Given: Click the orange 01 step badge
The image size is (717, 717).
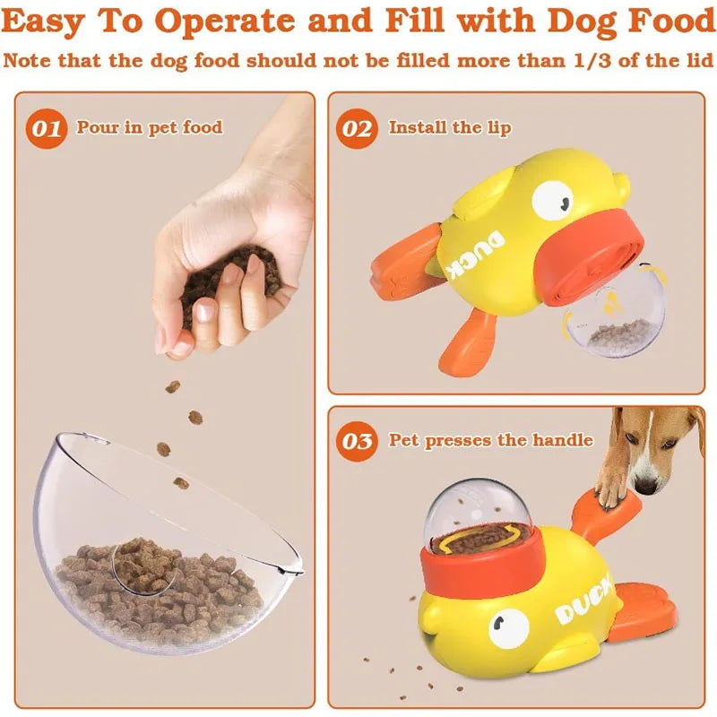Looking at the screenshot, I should pyautogui.click(x=48, y=129).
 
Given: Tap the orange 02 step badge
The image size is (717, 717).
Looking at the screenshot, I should pyautogui.click(x=358, y=129).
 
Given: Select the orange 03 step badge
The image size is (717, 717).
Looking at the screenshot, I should pyautogui.click(x=358, y=441).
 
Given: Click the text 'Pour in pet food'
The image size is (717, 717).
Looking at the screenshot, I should pyautogui.click(x=149, y=127).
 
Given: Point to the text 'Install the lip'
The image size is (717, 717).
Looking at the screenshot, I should pyautogui.click(x=449, y=127).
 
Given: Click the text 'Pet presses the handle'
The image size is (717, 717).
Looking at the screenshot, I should pyautogui.click(x=490, y=440).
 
